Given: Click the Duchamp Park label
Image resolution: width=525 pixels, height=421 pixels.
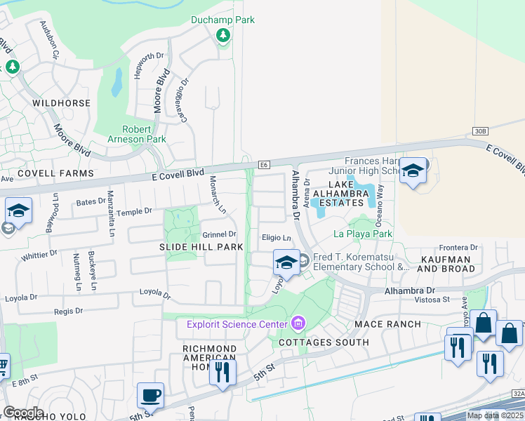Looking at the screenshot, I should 222,20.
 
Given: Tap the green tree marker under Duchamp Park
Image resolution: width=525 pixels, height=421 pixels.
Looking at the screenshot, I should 222,35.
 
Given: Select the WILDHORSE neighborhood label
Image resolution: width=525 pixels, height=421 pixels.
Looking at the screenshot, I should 62,103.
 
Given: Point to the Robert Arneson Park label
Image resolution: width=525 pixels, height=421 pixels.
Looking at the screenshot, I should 144,134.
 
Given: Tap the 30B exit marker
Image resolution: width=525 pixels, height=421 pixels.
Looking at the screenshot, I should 480,131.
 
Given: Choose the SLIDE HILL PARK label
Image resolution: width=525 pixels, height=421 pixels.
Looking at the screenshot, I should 201,247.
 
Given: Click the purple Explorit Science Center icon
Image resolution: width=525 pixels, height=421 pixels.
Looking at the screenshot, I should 298,323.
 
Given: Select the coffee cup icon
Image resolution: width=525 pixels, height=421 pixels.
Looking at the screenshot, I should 150,395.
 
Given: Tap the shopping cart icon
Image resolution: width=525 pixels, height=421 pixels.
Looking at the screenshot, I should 2,366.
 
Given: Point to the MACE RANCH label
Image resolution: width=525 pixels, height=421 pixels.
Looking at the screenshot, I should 387,324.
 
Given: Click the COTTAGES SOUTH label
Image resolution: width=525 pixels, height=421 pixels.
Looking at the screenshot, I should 324,342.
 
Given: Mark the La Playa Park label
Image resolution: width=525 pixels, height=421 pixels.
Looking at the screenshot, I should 362,233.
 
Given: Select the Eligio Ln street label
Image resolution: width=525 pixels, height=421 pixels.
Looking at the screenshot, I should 276,238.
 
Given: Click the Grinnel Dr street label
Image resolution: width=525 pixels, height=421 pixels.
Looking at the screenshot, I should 220,234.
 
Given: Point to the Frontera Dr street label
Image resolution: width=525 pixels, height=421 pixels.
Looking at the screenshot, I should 458,248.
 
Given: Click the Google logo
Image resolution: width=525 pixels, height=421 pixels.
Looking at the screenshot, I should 22,413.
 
